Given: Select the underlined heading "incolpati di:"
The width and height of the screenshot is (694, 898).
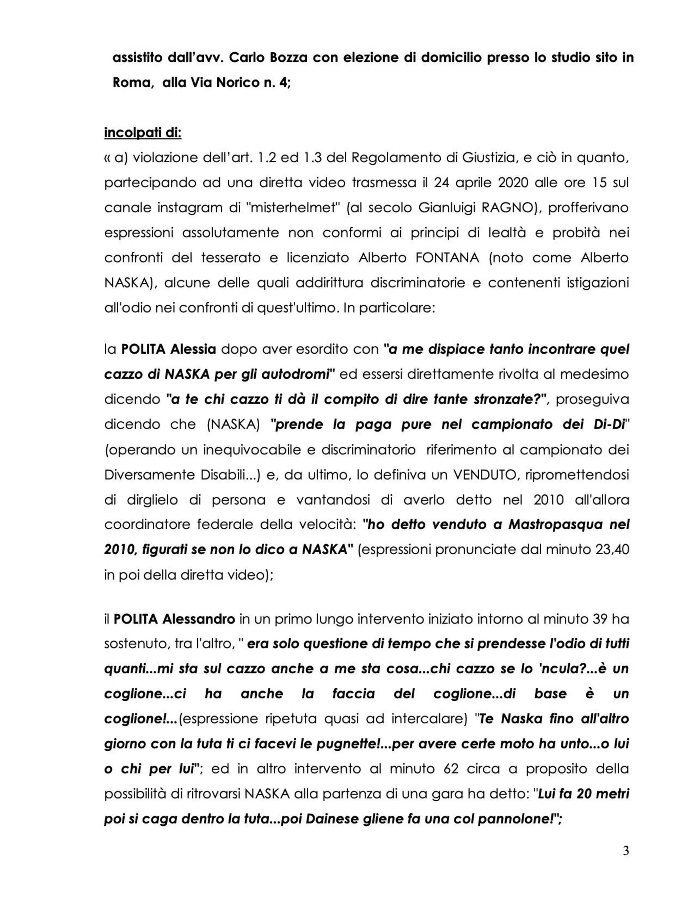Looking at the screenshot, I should point(143,133).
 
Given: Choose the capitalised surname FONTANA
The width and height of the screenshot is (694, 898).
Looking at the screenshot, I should point(447,258).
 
